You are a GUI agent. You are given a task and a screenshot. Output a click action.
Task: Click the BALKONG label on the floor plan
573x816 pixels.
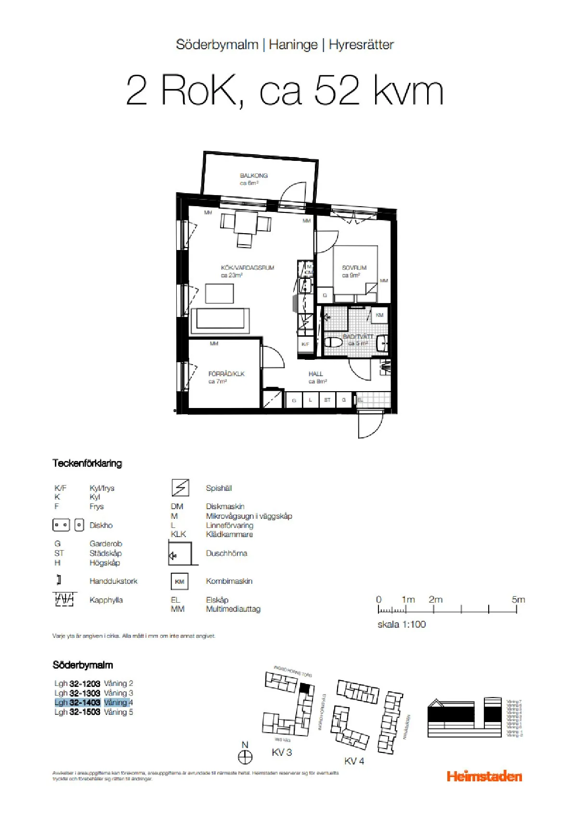pos(254,176)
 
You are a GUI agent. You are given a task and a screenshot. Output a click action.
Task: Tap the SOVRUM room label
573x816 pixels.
pos(354,268)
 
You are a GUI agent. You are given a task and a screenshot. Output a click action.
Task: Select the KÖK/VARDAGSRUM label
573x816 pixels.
pos(247,268)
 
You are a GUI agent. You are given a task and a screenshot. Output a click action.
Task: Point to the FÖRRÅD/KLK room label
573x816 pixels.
pos(226,374)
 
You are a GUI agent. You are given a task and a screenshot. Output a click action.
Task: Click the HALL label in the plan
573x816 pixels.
pos(316,374)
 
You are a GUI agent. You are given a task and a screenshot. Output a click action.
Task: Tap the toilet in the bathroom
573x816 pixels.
pos(333,342)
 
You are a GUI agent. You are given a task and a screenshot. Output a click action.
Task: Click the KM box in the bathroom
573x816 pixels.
pos(379,315)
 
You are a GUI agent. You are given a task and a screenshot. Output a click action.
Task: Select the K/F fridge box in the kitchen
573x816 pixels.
pos(305,344)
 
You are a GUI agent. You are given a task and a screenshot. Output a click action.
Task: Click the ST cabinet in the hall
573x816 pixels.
pos(327,400)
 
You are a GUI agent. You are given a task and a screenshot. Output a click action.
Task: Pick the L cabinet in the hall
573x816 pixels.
pos(311,400)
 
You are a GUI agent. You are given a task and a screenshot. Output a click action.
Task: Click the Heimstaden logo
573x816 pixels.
pos(484,777)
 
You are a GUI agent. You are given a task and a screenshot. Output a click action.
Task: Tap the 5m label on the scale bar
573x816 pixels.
pos(518,600)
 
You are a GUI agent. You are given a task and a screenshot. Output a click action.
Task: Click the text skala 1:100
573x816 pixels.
pos(402,624)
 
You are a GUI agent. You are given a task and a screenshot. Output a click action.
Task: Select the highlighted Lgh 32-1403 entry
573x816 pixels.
pos(78,703)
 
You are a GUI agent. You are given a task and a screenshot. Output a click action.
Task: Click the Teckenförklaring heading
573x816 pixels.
pos(87,463)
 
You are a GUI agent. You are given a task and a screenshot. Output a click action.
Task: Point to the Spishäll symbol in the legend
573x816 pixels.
pos(180,488)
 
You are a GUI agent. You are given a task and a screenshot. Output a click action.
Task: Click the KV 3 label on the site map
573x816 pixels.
pos(282,752)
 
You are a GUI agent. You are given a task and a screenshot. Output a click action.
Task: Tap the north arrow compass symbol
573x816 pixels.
pos(245,757)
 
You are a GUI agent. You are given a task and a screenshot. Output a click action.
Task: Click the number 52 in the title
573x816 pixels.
pos(337,90)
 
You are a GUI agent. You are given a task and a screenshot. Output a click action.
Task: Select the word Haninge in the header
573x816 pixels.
pos(293,45)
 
